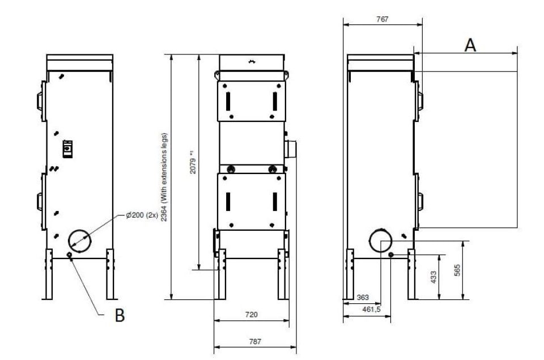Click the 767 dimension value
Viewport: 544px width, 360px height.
click(x=382, y=19)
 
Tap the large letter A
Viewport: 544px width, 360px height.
click(x=470, y=45)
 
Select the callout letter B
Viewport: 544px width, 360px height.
click(x=120, y=315)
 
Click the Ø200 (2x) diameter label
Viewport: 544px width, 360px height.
click(x=142, y=215)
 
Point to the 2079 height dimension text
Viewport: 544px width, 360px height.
click(x=193, y=166)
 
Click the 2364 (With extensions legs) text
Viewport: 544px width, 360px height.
click(x=164, y=177)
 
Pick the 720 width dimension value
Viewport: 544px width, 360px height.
click(x=252, y=315)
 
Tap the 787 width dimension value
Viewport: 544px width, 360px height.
click(x=255, y=342)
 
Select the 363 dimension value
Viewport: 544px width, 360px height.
click(x=363, y=298)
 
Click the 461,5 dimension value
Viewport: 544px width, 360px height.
click(x=371, y=309)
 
